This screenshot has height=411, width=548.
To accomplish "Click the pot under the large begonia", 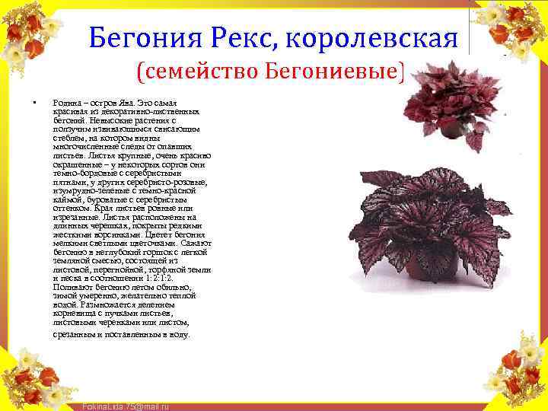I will (426, 270).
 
